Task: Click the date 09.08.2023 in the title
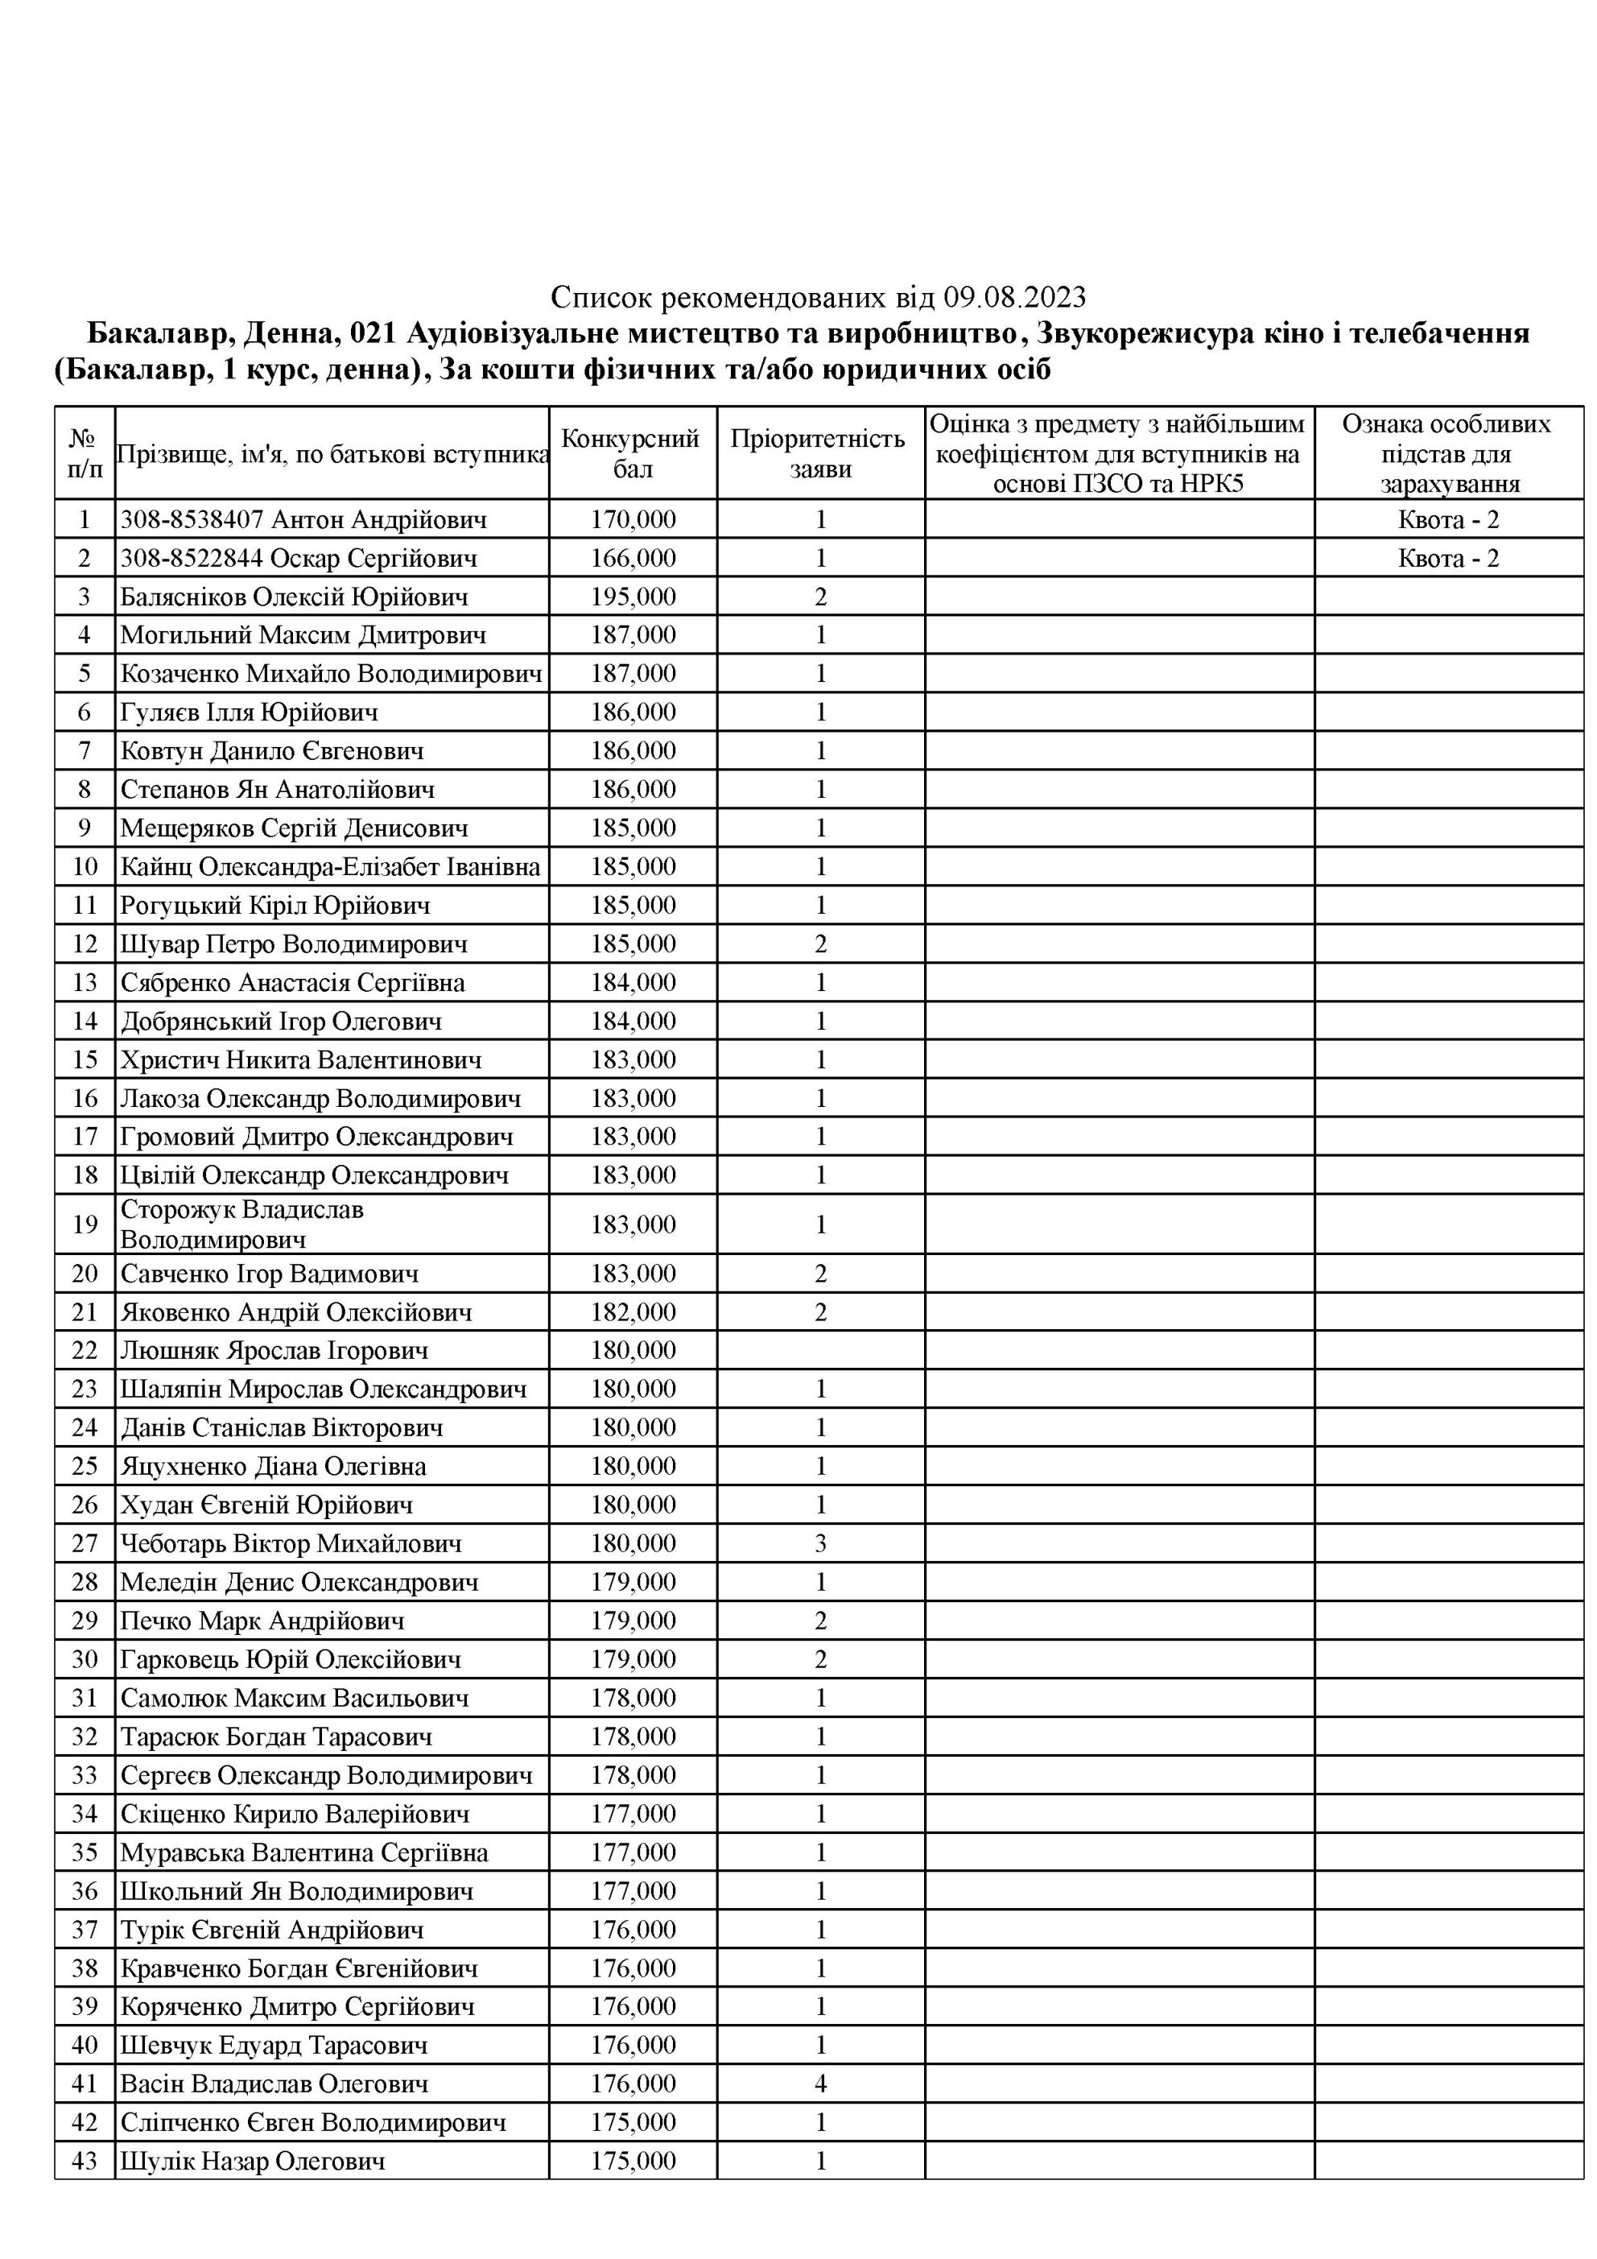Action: [x=1014, y=297]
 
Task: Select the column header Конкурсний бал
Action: [x=632, y=453]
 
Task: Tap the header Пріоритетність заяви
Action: [x=819, y=453]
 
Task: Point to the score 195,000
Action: [x=633, y=597]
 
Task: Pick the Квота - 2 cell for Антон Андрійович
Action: [x=1447, y=519]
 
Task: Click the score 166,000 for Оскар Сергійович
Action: [x=633, y=559]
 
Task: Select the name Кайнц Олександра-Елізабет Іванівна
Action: [x=330, y=867]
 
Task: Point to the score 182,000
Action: [x=633, y=1312]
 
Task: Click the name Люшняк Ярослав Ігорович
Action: [x=274, y=1351]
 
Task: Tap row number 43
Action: [x=85, y=2161]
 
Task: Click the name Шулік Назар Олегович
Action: [x=252, y=2161]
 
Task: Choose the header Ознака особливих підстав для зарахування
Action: [x=1447, y=453]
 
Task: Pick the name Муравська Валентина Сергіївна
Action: [x=303, y=1852]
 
